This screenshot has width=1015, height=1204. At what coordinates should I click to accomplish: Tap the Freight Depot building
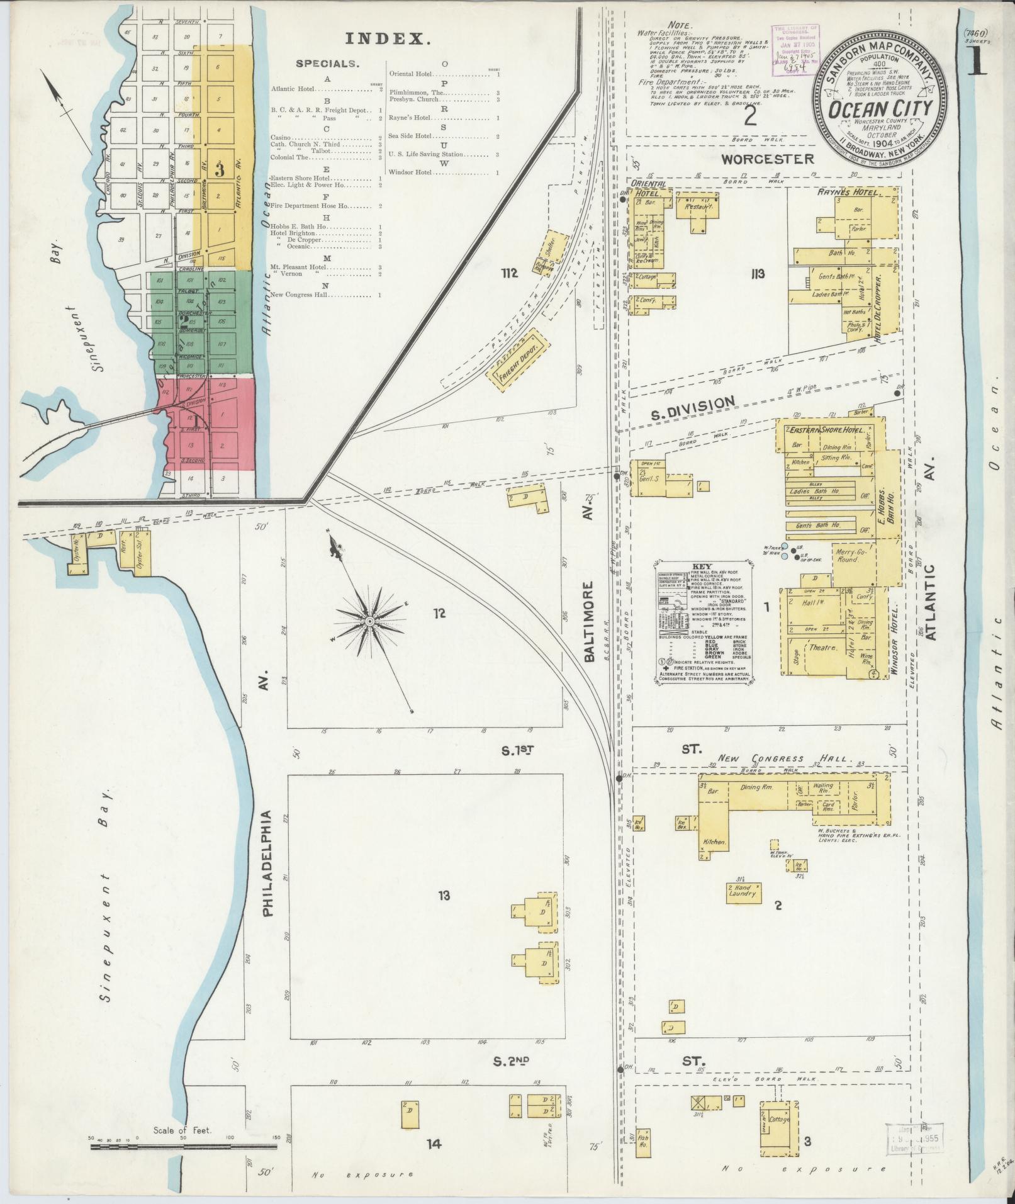click(x=515, y=361)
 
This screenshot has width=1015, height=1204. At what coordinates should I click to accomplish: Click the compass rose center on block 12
click(x=370, y=622)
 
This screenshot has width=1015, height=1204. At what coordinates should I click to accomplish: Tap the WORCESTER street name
click(x=767, y=159)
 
